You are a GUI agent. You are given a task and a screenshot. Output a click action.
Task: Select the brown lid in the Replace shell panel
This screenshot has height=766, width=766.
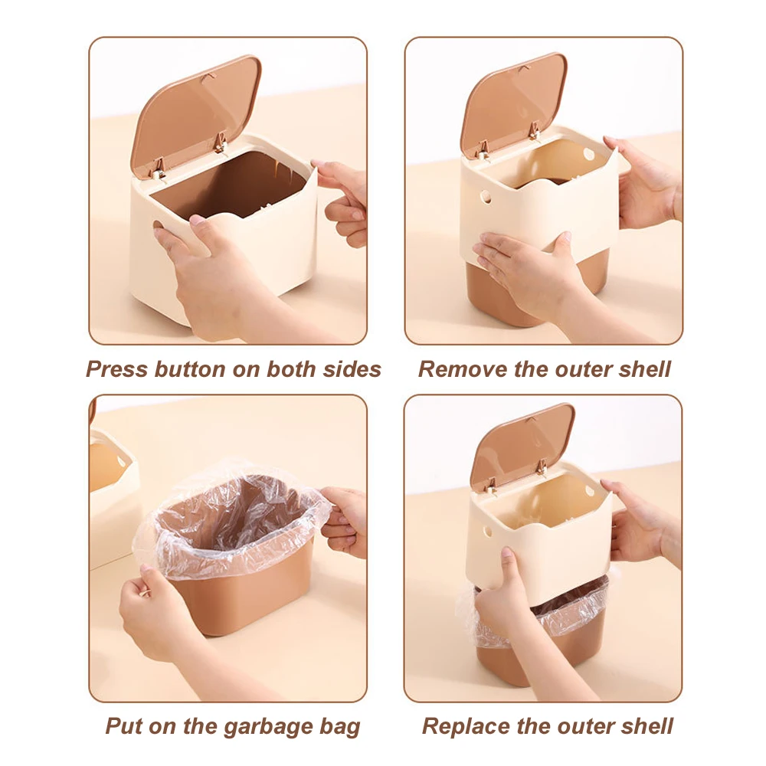(x=521, y=444)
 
